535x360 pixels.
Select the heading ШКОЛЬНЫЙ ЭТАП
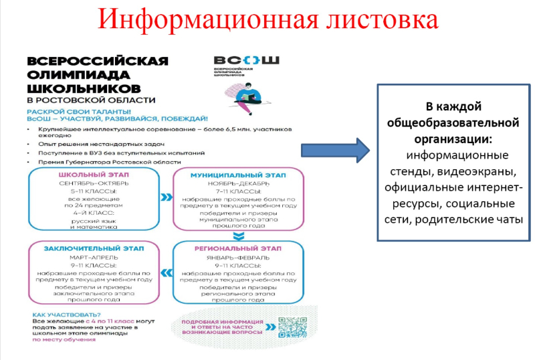(x=94, y=175)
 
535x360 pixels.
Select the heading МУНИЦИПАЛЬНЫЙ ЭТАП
(x=237, y=175)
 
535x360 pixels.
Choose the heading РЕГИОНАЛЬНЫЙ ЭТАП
(x=237, y=249)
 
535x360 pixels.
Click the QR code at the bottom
(x=291, y=327)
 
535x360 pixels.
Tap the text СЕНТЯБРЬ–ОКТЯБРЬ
(x=94, y=183)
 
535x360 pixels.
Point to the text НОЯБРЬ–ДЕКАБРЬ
(x=237, y=183)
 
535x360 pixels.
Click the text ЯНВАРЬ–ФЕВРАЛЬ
(x=237, y=257)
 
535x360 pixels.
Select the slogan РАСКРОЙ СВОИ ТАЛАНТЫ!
(x=79, y=110)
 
